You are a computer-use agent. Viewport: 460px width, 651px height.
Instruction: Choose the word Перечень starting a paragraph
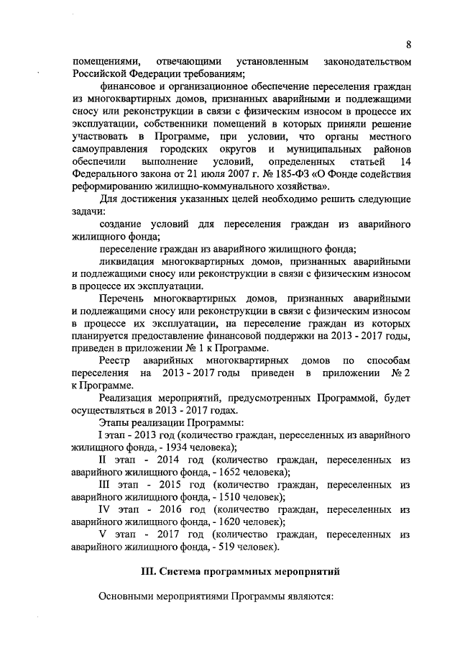[x=124, y=297]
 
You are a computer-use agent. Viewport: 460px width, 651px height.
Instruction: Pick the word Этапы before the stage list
[x=116, y=422]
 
